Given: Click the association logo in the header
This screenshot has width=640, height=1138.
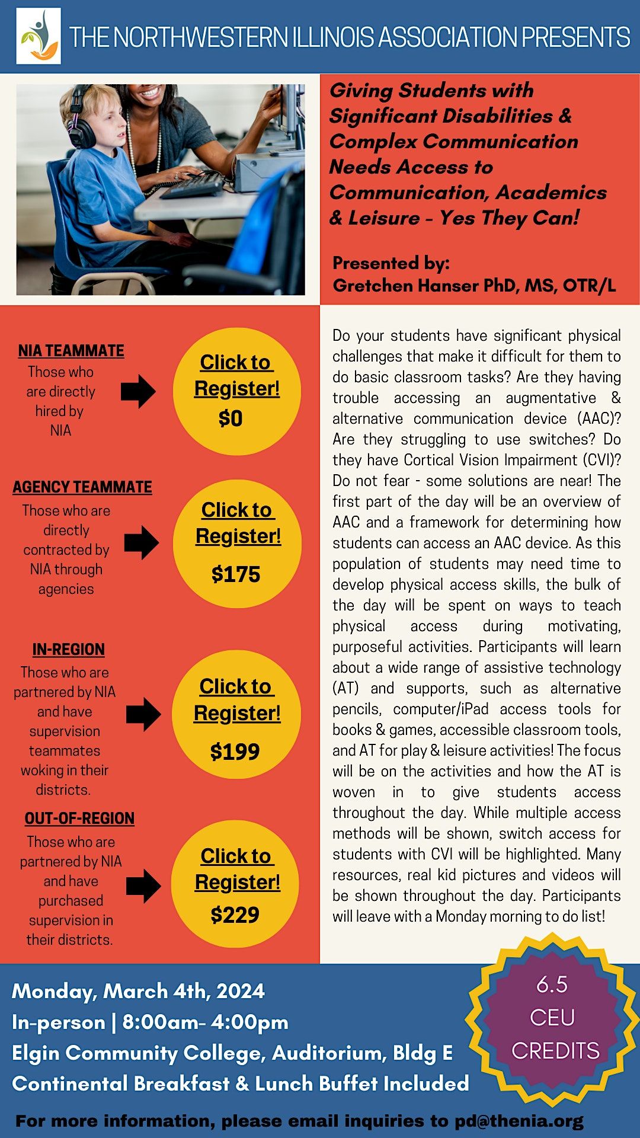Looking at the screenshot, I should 39,36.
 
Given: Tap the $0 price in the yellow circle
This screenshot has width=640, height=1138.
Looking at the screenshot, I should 231,418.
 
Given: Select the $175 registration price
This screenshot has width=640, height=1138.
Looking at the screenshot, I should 236,574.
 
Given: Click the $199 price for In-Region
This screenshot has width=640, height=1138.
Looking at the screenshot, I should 235,752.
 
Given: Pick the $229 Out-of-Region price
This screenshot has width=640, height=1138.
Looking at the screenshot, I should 235,915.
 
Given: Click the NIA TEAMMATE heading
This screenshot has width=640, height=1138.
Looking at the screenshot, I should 71,351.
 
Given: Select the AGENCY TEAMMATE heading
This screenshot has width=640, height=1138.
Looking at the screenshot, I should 82,487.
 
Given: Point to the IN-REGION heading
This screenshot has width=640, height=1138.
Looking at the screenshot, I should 69,650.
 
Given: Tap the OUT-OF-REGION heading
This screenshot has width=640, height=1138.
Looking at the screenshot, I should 79,819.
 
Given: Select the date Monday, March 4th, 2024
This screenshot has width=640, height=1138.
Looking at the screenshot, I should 138,991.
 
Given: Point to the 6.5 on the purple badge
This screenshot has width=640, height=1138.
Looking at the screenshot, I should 552,984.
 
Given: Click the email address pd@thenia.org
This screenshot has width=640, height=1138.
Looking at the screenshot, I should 519,1121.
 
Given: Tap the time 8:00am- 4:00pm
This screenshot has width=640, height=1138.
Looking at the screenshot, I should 205,1022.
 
